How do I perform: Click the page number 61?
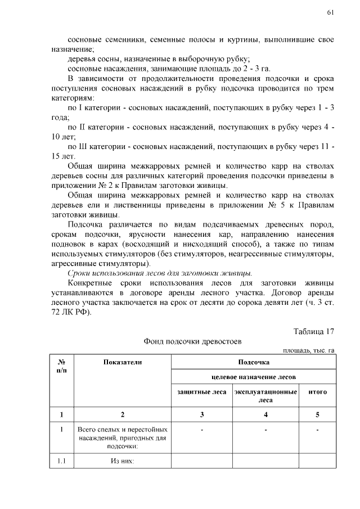(x=330, y=13)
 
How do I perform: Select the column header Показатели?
(x=123, y=363)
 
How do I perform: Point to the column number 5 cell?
(x=317, y=415)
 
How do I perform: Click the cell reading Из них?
(x=123, y=462)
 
